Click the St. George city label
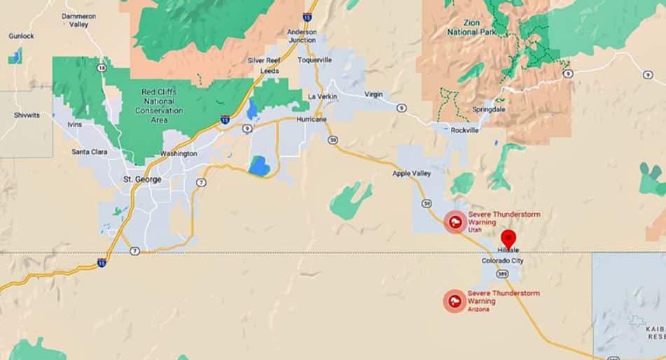[x=142, y=179]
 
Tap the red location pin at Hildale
[x=508, y=238]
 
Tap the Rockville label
[x=465, y=130]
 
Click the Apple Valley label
[x=411, y=173]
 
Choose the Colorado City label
[x=502, y=261]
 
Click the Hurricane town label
[x=312, y=119]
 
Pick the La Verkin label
[x=324, y=96]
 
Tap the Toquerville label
[x=314, y=60]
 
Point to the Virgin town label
[x=374, y=94]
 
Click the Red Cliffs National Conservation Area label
[x=159, y=106]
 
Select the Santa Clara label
[x=89, y=151]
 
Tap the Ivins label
[x=74, y=125]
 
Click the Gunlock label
[x=21, y=36]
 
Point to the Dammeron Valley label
[x=79, y=20]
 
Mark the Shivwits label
[x=26, y=115]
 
